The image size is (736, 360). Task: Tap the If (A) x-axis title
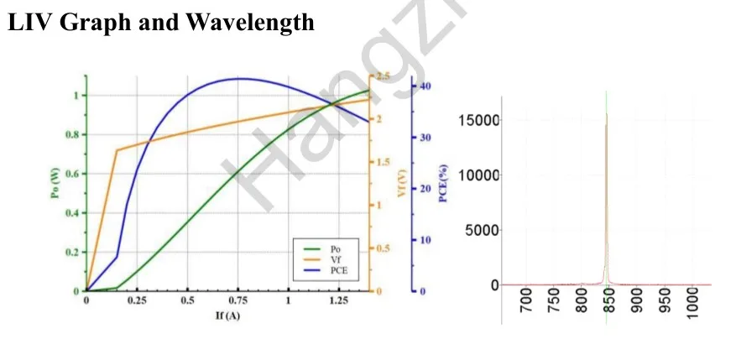click(226, 316)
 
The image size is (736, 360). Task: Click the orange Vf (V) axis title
click(401, 185)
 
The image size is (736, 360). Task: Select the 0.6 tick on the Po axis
click(70, 174)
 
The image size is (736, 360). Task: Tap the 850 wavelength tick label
click(609, 297)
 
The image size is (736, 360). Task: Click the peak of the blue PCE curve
click(239, 79)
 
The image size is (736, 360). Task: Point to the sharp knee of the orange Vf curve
click(117, 150)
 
